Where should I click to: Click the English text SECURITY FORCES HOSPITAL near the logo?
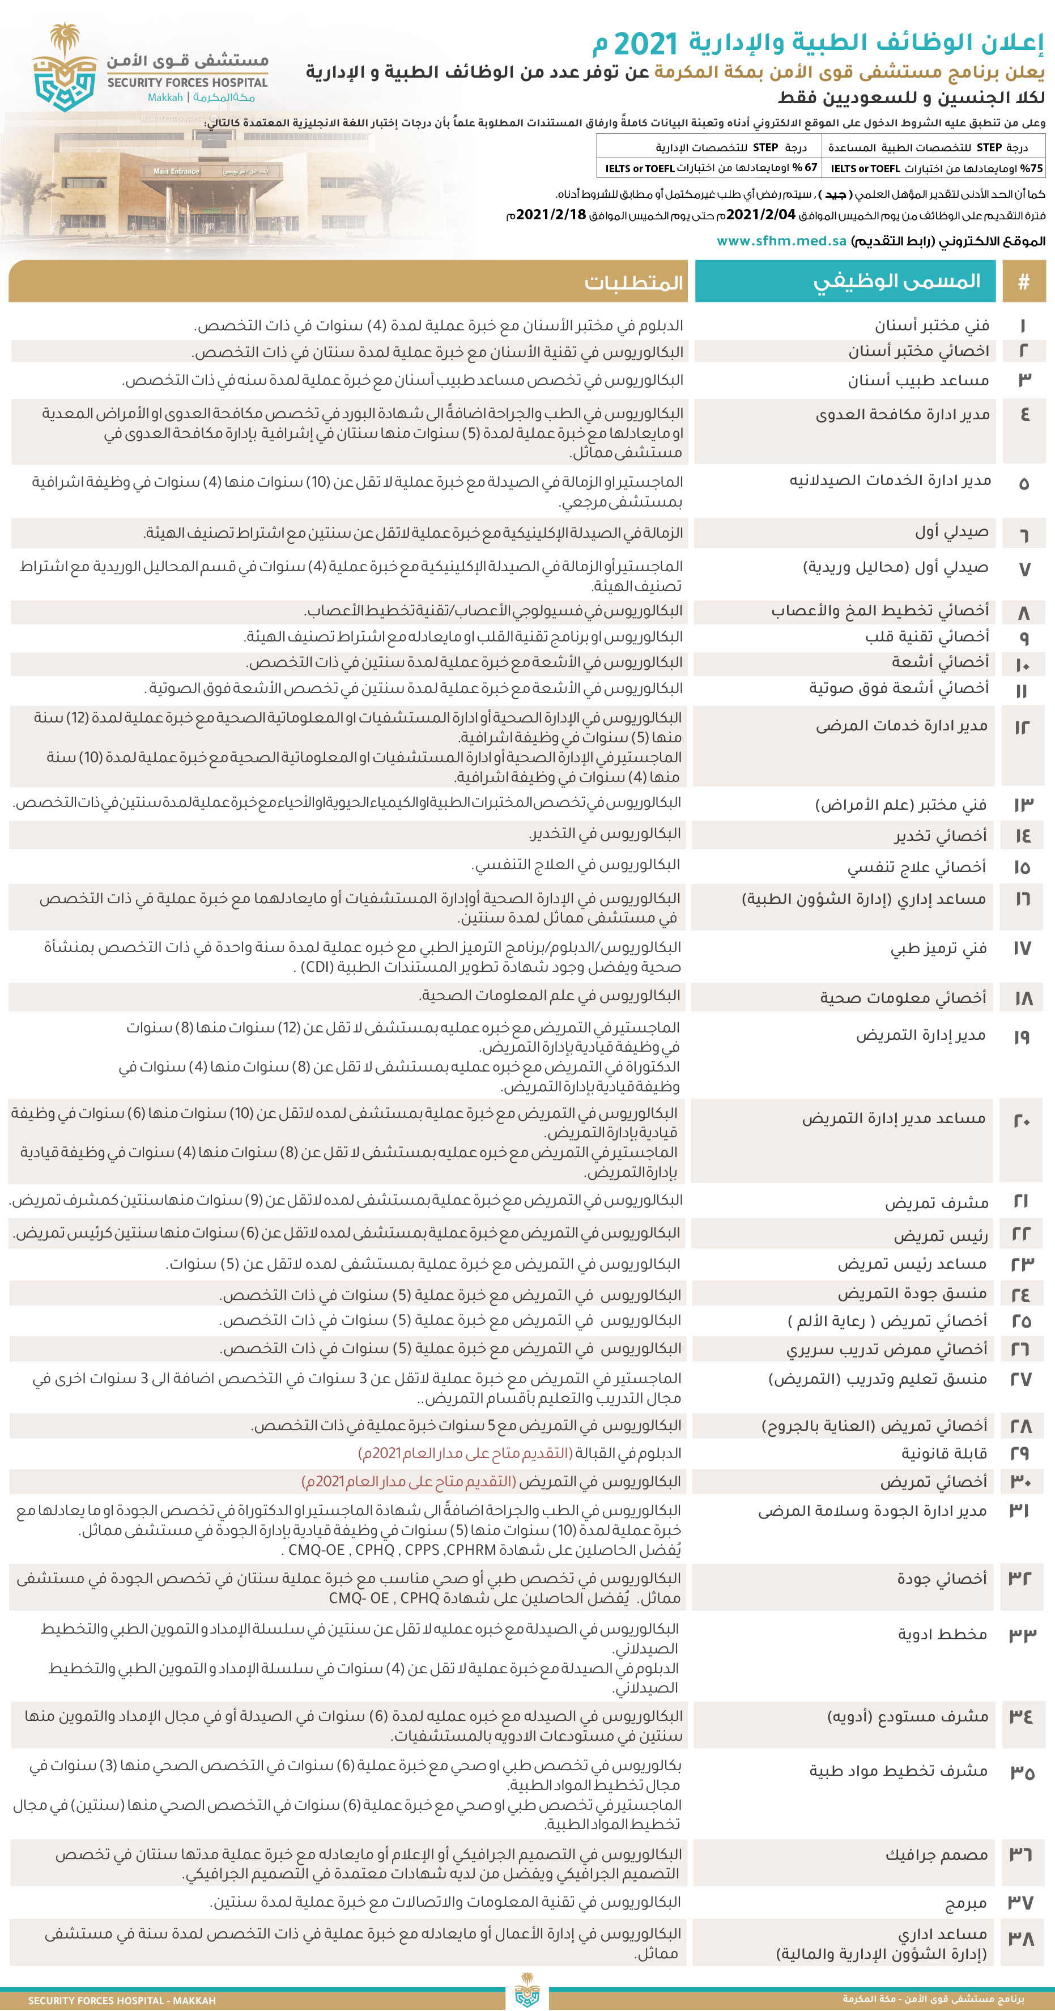[188, 83]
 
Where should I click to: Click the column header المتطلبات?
[633, 283]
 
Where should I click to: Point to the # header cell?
[1023, 282]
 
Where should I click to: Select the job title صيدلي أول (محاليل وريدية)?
[895, 568]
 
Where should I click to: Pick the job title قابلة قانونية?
[944, 1453]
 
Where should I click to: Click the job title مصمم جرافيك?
[937, 1855]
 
